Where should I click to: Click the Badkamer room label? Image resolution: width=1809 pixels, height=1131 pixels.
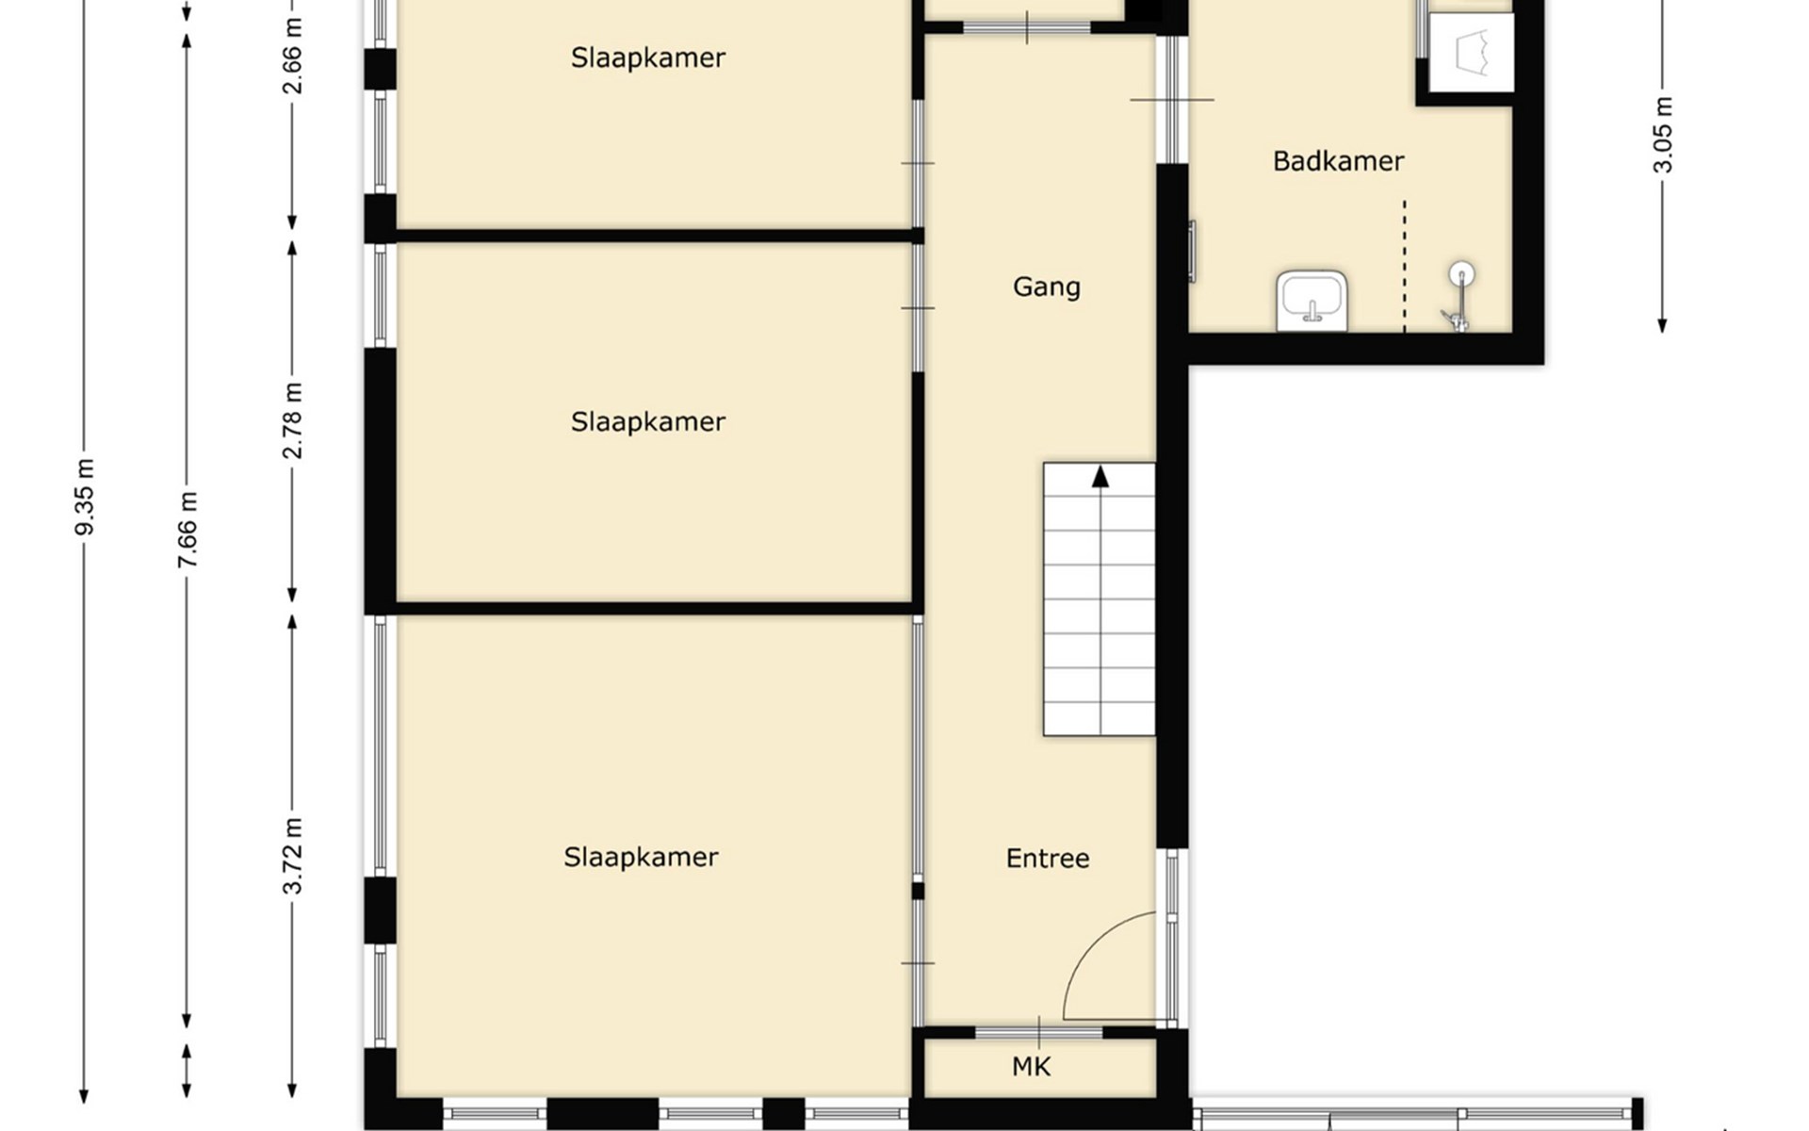coord(1338,161)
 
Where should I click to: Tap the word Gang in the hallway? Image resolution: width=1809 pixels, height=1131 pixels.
coord(1047,287)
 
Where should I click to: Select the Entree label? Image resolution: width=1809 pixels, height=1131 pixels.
coord(1048,859)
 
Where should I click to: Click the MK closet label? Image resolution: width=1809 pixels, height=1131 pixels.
coord(1031,1067)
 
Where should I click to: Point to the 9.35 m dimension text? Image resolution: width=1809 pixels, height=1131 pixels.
coord(85,497)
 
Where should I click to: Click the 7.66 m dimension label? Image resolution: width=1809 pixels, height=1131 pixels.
coord(187,530)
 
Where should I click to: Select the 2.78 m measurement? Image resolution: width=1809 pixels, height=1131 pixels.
coord(293,420)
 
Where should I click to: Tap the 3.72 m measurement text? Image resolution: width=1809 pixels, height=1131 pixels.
coord(293,856)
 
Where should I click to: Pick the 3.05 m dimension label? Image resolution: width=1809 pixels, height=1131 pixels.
coord(1663,135)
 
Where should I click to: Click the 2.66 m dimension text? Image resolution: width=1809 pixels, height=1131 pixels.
coord(293,57)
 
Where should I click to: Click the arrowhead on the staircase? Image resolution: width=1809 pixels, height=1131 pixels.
coord(1100,477)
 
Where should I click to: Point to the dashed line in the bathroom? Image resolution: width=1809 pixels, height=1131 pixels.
coord(1405,266)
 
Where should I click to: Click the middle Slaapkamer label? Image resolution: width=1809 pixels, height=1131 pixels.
coord(648,421)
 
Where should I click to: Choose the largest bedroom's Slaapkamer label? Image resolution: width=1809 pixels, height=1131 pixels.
coord(641,857)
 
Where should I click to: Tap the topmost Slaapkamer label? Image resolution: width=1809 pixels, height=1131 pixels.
coord(648,57)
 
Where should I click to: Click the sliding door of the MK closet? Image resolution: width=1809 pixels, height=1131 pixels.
coord(1038,1033)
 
